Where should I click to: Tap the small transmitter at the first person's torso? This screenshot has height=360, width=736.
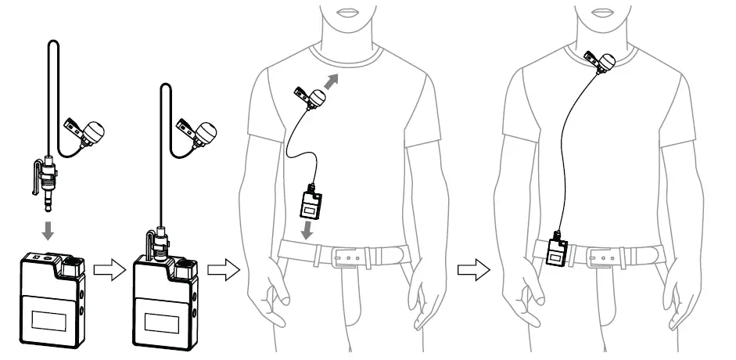(x=310, y=205)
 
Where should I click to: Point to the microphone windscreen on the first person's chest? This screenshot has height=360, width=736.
(x=317, y=99)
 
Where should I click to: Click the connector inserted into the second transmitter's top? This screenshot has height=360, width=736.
(x=160, y=239)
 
